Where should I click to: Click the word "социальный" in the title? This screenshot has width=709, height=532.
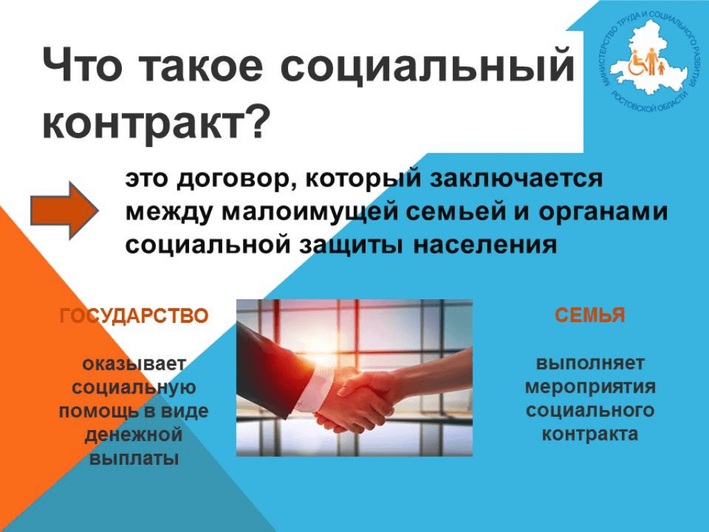coord(427,67)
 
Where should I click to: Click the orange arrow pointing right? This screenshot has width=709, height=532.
coord(64,211)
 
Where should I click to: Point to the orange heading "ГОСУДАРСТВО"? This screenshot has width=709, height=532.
coord(134,316)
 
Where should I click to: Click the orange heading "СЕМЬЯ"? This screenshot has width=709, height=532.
coord(590,315)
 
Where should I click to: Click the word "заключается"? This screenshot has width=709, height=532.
coord(516,178)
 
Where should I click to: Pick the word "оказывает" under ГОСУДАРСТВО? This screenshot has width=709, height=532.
coord(134,364)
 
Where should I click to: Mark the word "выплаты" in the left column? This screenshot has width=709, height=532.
coord(134,459)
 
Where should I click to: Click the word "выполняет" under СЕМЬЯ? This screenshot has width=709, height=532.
coord(590,363)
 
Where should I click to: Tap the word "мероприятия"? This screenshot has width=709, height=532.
coord(590,387)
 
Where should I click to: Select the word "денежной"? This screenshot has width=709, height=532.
coord(134,435)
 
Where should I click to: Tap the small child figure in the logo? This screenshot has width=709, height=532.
coord(661,69)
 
